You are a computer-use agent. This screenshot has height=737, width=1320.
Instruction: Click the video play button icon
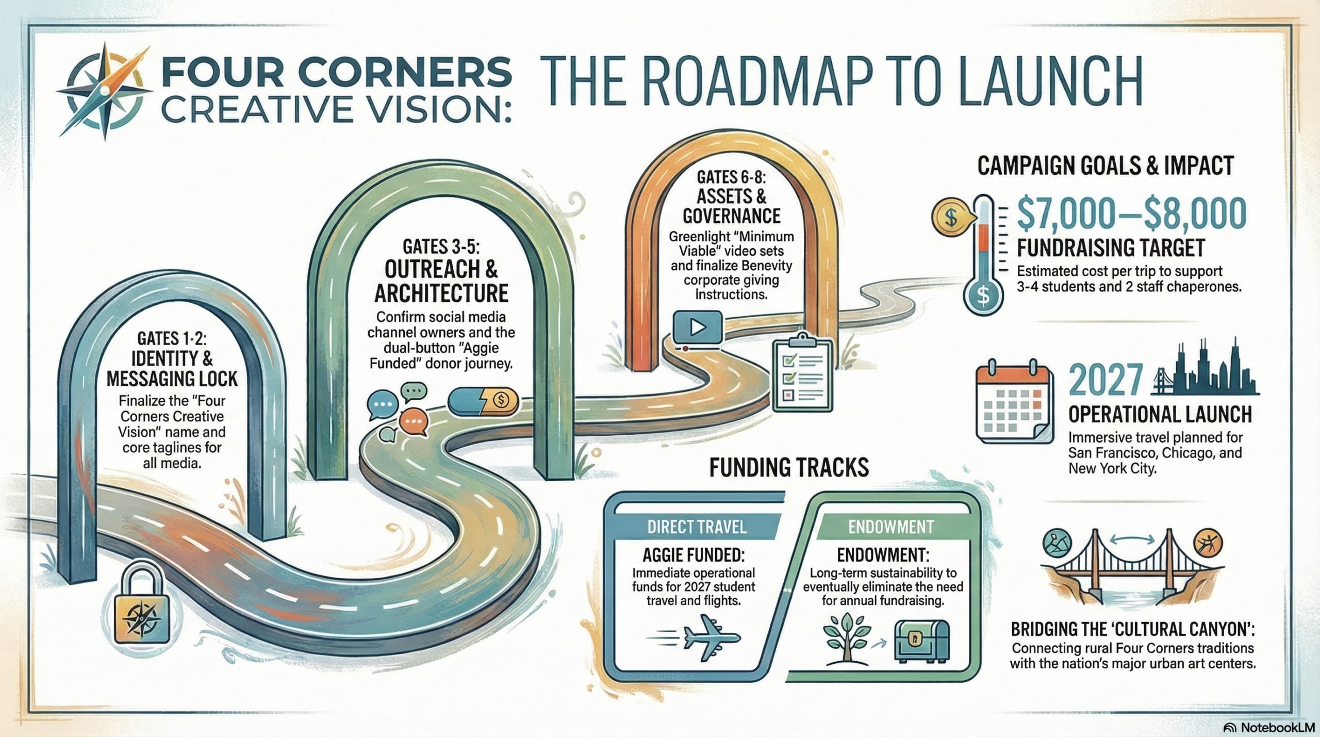[697, 326]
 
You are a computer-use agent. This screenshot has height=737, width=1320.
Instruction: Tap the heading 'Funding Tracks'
[789, 467]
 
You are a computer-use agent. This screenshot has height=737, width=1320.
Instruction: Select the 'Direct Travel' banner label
[696, 527]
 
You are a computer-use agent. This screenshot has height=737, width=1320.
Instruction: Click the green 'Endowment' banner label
[890, 527]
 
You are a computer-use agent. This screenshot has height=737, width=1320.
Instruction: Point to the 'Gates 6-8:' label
[731, 177]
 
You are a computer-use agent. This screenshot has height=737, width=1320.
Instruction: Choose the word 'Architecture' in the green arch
[441, 293]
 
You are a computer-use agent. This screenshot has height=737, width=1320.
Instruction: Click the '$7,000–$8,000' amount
[1131, 214]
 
